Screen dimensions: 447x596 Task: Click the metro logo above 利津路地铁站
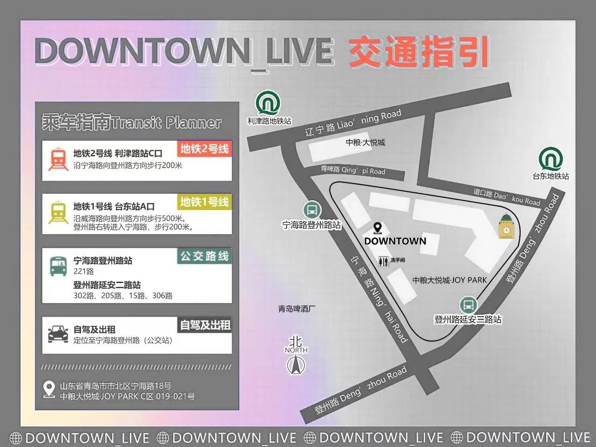(x=268, y=103)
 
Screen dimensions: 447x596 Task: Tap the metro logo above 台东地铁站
(x=551, y=159)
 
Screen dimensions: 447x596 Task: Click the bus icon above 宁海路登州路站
(x=312, y=210)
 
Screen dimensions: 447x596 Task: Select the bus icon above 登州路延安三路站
(x=468, y=305)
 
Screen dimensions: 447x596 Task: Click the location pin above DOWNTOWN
(x=378, y=228)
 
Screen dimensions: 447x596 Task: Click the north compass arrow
(x=296, y=365)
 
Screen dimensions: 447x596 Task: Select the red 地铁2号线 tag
(x=204, y=149)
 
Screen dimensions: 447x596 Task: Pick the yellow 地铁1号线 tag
(x=204, y=202)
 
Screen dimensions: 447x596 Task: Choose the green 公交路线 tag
(x=204, y=256)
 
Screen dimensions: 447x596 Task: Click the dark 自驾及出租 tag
(x=205, y=325)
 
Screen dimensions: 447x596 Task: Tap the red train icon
(x=58, y=159)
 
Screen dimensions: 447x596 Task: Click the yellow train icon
(x=58, y=212)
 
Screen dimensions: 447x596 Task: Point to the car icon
(x=58, y=334)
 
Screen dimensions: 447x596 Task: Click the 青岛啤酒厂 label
(x=297, y=309)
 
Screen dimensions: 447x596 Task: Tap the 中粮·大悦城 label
(x=366, y=142)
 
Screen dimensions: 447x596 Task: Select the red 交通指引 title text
(x=418, y=52)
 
